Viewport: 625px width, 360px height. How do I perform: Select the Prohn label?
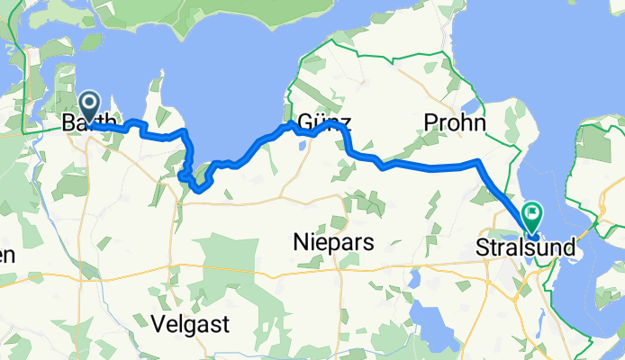455,123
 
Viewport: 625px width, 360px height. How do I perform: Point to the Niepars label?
334,241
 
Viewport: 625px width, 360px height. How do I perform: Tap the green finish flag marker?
532,216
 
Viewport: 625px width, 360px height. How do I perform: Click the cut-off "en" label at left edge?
7,255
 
